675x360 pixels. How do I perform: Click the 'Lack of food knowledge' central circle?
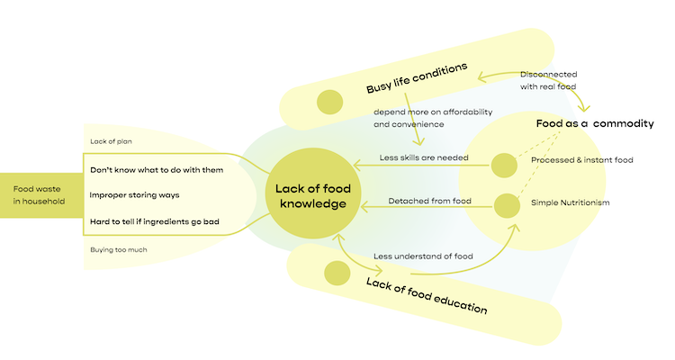313,193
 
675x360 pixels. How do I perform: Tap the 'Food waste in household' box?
41,195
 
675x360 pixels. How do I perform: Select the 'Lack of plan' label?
111,141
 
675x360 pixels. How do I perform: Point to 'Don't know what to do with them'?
157,170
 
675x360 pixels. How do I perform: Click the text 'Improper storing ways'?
134,195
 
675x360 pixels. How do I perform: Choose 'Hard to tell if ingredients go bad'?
155,221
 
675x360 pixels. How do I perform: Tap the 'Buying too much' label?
119,250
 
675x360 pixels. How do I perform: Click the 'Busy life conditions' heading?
417,78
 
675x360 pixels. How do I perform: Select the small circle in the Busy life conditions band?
329,102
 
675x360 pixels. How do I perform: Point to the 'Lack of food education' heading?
427,296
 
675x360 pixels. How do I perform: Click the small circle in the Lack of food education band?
337,273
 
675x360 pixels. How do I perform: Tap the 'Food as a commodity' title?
595,123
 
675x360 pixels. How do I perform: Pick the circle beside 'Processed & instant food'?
504,166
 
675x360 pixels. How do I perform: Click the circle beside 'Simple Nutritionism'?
507,206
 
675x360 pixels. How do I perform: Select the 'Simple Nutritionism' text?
570,202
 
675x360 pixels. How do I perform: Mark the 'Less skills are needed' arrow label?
424,157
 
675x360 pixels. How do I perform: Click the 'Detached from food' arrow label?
429,201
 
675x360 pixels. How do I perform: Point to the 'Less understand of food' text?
423,256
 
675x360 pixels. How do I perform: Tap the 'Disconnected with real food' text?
548,80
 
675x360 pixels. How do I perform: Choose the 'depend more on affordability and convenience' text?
433,118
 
